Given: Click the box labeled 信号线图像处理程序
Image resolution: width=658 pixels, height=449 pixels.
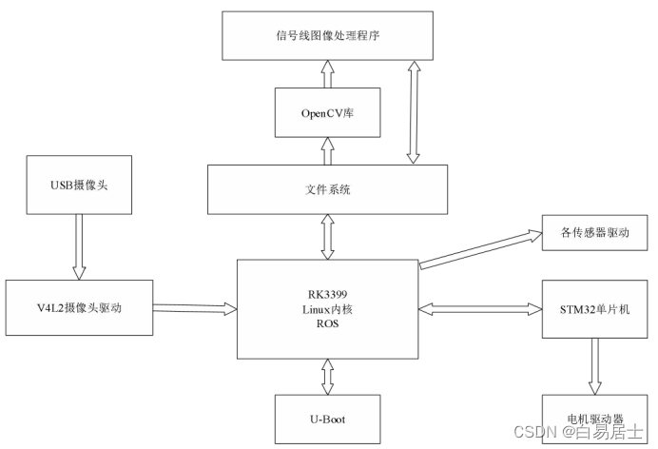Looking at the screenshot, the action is (x=327, y=35).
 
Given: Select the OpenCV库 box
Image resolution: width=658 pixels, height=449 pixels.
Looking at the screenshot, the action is (x=327, y=112).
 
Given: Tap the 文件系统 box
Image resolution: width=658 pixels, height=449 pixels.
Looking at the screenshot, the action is (x=327, y=189).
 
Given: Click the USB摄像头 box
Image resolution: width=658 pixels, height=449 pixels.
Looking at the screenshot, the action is (x=79, y=185).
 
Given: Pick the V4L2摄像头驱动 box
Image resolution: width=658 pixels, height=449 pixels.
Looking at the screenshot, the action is (x=79, y=307).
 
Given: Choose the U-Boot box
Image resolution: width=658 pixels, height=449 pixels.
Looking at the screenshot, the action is (x=327, y=419).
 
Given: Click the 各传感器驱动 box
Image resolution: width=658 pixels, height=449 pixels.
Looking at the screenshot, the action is (x=594, y=232).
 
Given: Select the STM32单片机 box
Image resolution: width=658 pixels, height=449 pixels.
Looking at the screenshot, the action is (x=594, y=309).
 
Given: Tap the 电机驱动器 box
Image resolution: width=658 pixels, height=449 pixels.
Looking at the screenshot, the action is (x=594, y=419).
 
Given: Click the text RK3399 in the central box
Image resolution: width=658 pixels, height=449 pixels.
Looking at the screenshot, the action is (x=327, y=294).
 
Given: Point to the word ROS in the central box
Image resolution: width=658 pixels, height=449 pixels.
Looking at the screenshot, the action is (x=327, y=323).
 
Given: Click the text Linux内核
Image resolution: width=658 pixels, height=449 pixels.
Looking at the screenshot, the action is (x=327, y=309).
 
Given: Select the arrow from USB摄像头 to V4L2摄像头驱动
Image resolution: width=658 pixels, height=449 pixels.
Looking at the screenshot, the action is (x=79, y=247).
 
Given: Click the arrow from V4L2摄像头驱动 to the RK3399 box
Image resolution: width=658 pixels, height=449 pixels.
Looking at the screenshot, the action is (x=195, y=308).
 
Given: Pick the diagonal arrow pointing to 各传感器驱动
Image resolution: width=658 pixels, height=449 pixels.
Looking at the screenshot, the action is (x=481, y=249).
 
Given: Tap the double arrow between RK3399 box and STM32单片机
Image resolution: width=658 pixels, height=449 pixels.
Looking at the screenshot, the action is (x=480, y=309).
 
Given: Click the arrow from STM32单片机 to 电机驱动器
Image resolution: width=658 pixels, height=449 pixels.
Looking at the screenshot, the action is (x=594, y=366).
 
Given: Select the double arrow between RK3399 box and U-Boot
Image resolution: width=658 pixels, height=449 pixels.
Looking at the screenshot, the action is (x=327, y=377).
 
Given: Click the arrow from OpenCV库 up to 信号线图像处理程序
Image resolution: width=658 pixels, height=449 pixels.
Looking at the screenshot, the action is (x=327, y=74).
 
